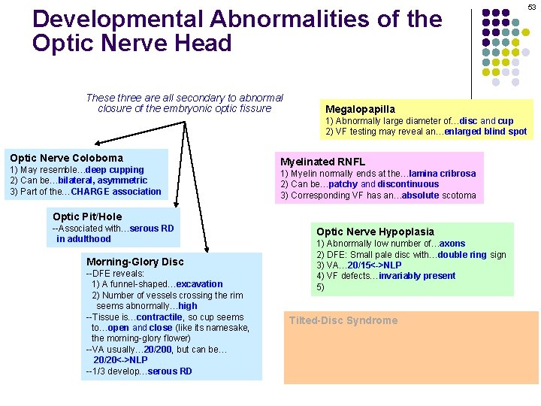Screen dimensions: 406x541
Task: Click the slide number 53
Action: (x=531, y=7)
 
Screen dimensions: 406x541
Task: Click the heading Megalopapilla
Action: (x=359, y=109)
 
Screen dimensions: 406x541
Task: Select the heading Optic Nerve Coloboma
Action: (x=66, y=158)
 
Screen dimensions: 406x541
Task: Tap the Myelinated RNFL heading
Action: (x=322, y=162)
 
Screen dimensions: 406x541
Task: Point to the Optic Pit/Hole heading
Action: (x=87, y=217)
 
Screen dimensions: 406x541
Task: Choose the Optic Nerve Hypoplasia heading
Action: (x=375, y=232)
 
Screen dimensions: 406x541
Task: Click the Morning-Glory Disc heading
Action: (x=134, y=262)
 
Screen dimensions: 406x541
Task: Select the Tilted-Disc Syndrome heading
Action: (x=343, y=320)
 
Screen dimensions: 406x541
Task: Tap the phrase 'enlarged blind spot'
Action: (x=497, y=132)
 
